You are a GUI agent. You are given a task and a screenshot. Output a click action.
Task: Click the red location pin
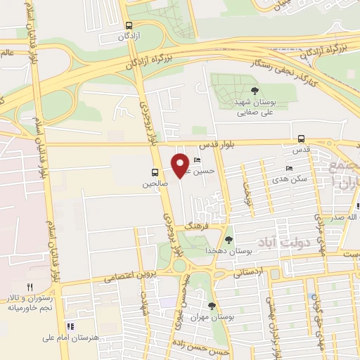pos(181,165)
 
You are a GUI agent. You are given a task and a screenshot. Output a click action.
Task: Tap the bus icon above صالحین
pos(154,172)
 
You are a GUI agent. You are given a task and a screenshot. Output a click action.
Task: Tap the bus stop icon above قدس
pos(302,139)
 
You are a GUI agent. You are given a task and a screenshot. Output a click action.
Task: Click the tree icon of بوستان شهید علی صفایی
pos(255,91)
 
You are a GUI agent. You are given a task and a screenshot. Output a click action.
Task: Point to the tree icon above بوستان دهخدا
pos(229,240)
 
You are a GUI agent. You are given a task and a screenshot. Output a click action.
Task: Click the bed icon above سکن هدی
pos(289,169)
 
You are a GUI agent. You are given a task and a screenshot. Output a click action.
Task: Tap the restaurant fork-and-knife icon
pos(29,287)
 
